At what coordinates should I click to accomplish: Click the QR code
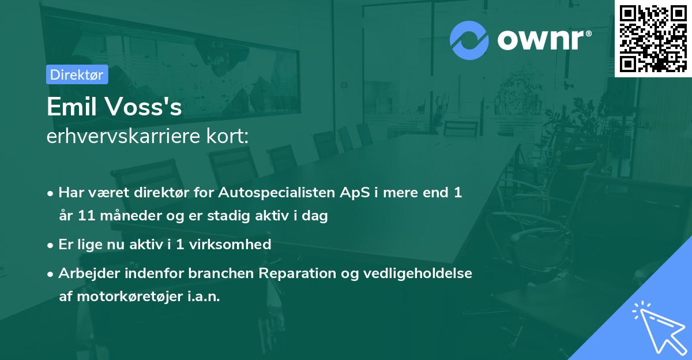coord(653,39)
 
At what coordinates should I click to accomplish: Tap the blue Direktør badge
coord(77,74)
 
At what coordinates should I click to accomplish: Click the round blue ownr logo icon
coord(469,40)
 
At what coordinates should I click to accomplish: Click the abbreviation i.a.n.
coord(202,297)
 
